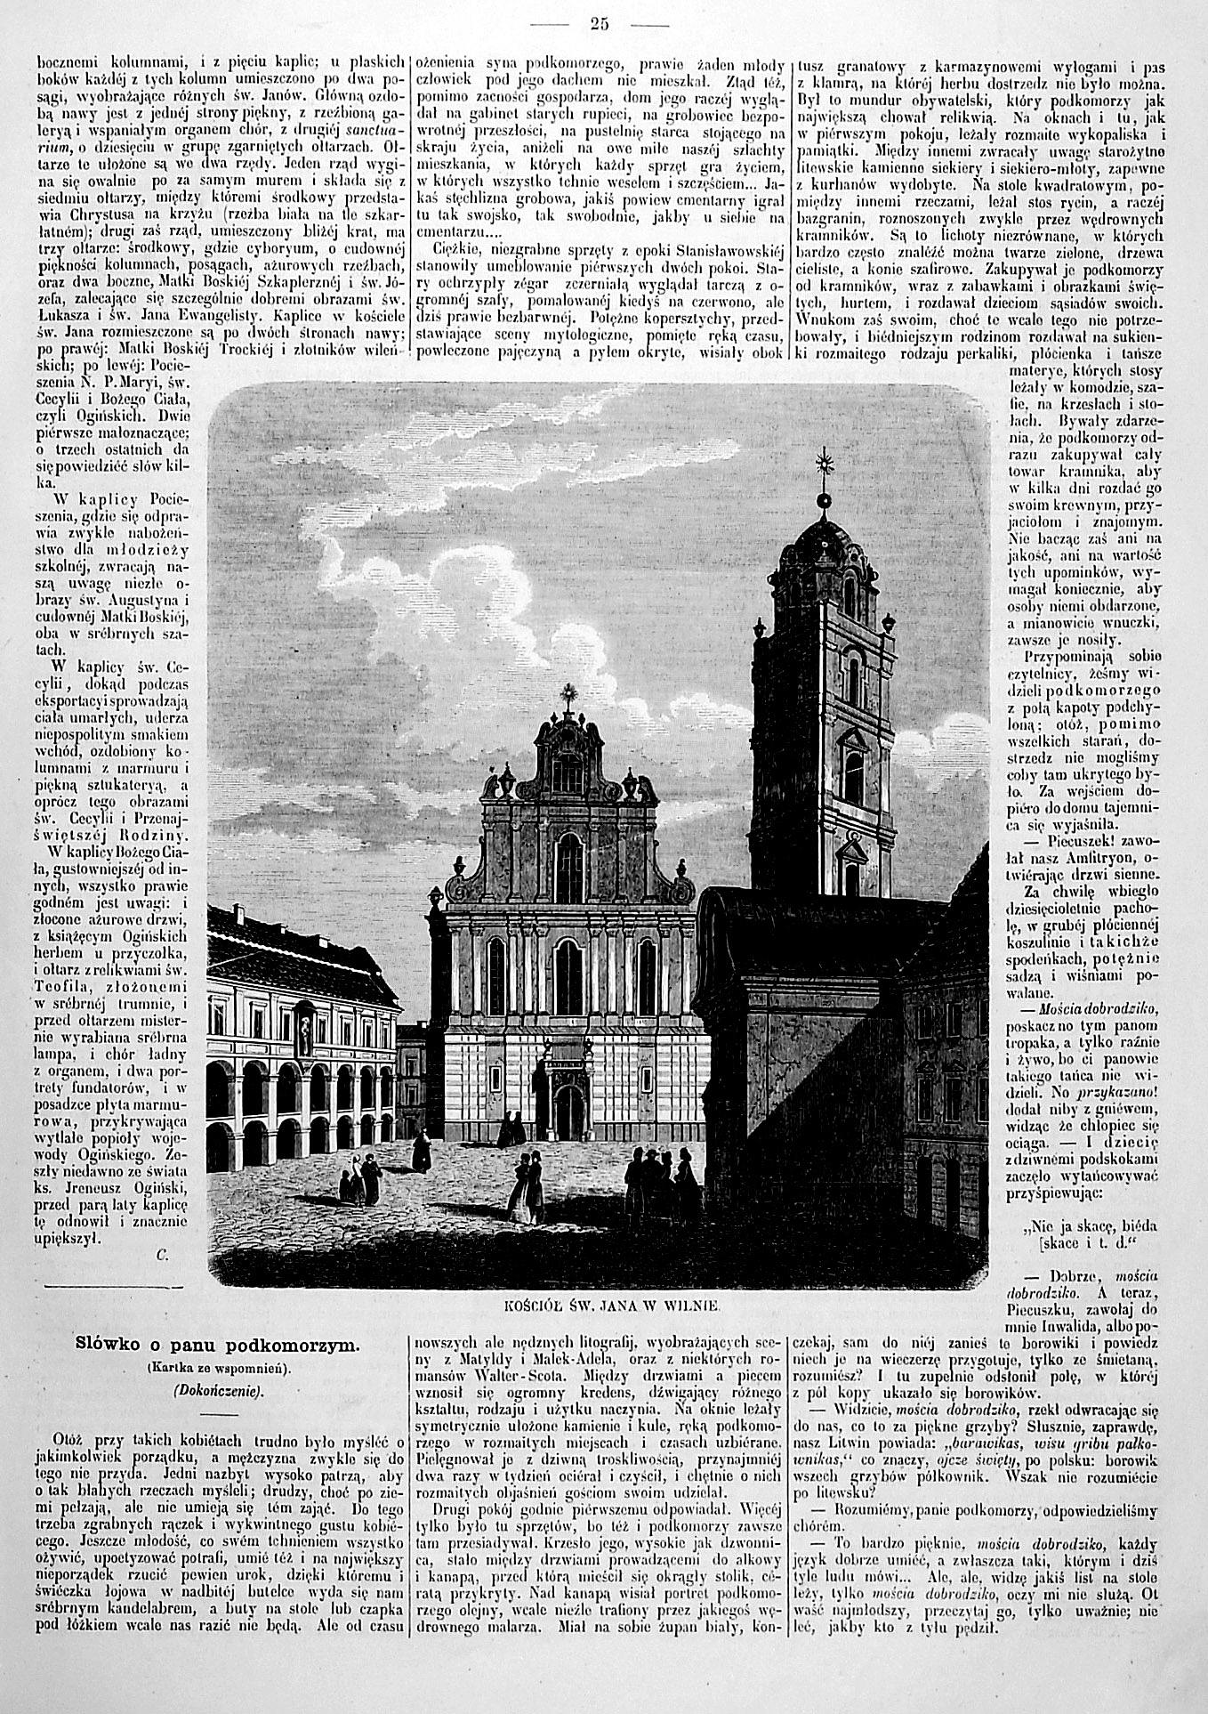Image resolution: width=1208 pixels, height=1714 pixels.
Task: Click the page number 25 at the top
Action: pyautogui.click(x=599, y=24)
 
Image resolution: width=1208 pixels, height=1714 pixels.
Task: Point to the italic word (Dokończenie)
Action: pyautogui.click(x=216, y=1390)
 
